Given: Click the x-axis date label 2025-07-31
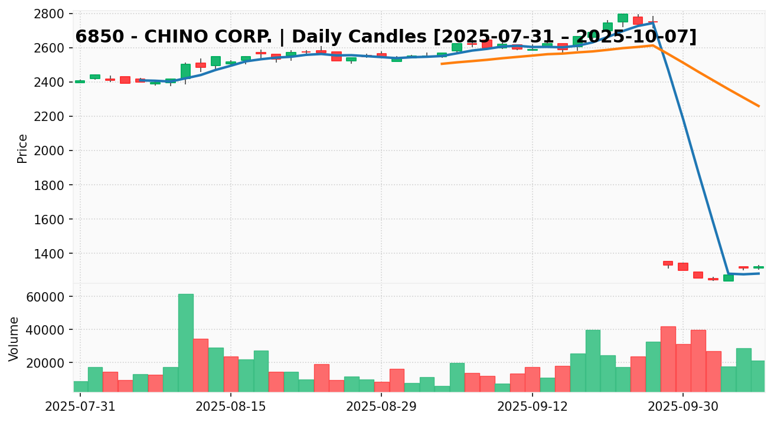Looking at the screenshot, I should (x=80, y=407).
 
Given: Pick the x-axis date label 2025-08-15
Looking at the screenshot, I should (x=230, y=407).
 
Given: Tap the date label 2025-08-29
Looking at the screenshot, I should (x=381, y=407).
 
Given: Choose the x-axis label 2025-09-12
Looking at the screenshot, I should (x=532, y=407).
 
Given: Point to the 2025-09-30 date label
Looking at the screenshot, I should (x=683, y=407).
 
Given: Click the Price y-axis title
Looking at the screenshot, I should (x=22, y=148).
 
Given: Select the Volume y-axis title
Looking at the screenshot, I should (x=14, y=338).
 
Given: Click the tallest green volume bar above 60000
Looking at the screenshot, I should (x=185, y=342).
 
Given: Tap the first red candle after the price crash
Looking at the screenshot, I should (x=668, y=263).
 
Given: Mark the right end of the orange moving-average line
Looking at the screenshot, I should (x=759, y=106).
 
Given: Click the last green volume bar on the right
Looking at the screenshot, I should (x=758, y=376).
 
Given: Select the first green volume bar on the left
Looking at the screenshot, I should (x=80, y=386).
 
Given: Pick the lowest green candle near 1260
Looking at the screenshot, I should (x=728, y=278).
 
